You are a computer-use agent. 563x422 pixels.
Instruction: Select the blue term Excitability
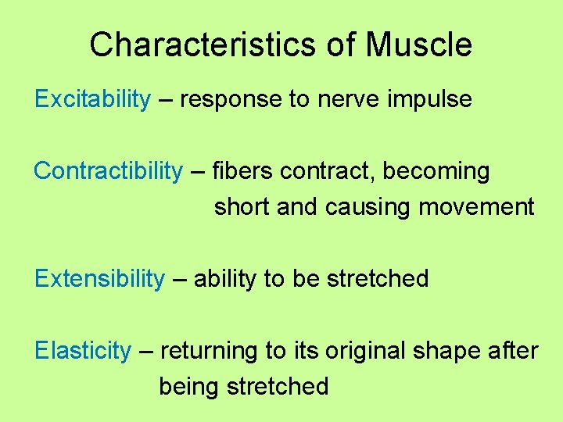(92, 99)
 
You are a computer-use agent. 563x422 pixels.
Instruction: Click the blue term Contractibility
(108, 171)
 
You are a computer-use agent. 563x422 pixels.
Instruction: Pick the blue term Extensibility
(100, 279)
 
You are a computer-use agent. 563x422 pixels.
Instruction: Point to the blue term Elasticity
(83, 351)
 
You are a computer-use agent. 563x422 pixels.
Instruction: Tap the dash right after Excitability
(165, 100)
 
